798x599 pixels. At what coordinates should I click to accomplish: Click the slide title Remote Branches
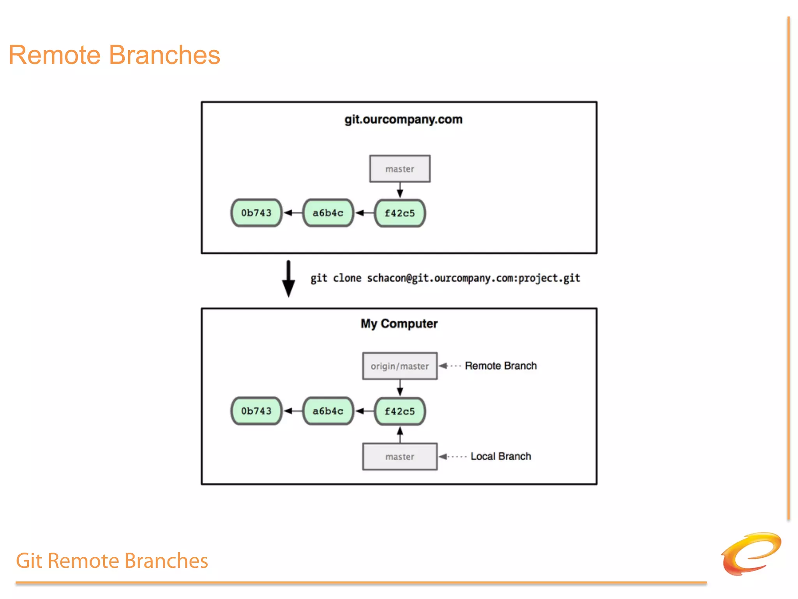[114, 55]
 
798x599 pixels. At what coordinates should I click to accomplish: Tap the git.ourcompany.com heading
[403, 119]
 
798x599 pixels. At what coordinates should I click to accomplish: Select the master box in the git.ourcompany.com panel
[400, 169]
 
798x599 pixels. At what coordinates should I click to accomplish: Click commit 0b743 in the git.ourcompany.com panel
[256, 213]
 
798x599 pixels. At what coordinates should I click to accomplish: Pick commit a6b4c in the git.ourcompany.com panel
[328, 213]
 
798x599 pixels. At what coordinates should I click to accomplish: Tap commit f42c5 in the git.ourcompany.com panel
[400, 213]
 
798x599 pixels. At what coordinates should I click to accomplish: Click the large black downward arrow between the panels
[288, 279]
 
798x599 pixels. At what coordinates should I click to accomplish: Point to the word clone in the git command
[347, 278]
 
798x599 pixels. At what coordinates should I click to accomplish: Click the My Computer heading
[399, 324]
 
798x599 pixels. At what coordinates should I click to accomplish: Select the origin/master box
[400, 366]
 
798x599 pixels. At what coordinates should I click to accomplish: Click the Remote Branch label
[501, 366]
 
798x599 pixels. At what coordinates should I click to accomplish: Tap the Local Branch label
[501, 456]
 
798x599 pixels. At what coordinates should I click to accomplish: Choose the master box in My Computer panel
[400, 457]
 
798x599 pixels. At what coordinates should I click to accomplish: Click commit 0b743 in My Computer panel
[256, 411]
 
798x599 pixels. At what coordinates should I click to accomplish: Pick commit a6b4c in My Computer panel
[328, 411]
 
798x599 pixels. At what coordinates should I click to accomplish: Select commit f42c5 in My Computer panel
[400, 411]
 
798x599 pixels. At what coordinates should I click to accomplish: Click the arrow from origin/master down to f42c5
[400, 388]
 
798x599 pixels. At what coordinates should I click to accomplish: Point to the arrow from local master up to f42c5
[400, 434]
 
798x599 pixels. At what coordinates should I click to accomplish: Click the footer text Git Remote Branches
[112, 561]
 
